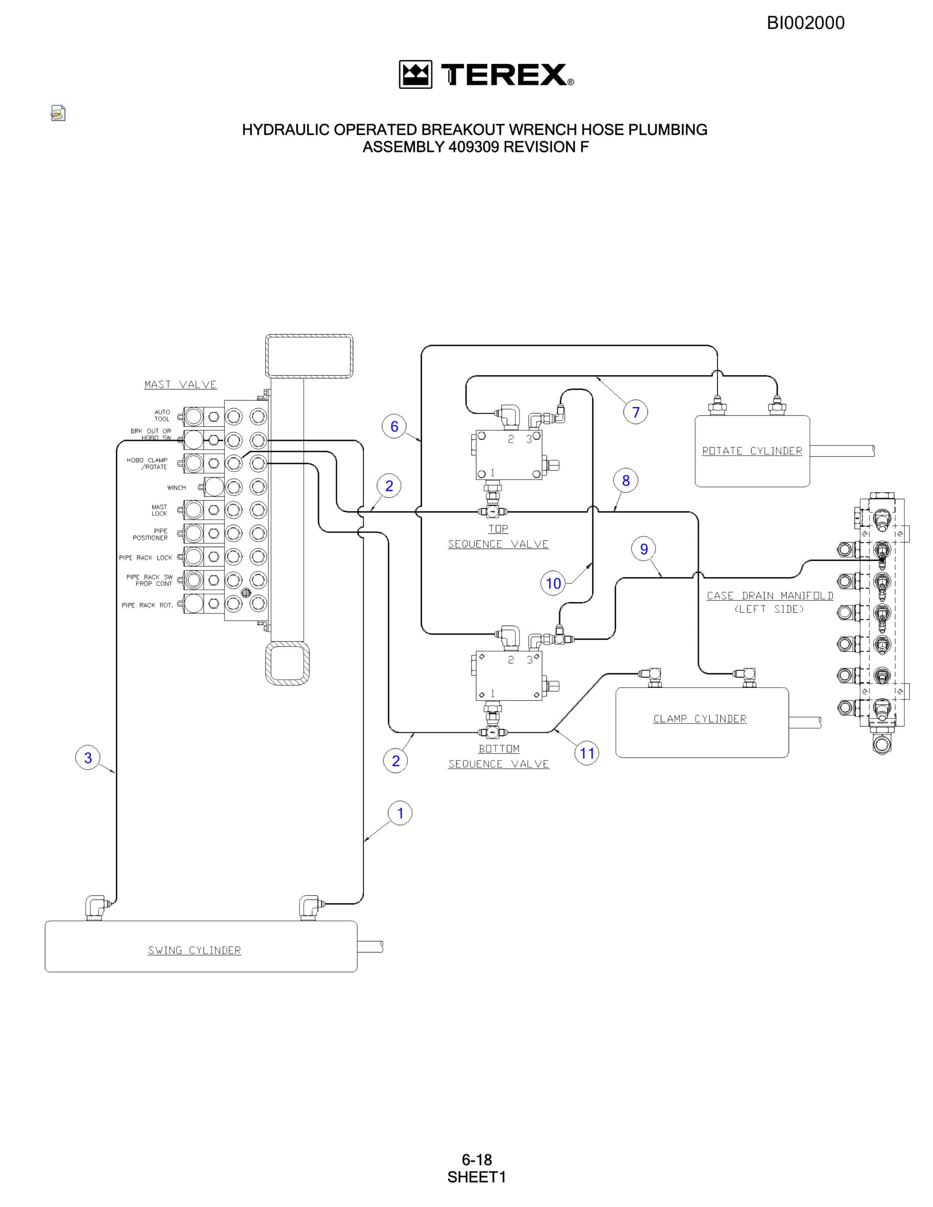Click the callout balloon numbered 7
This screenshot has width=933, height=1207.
coord(636,412)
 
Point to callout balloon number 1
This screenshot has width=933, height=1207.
coord(400,813)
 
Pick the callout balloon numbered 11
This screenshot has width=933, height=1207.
coord(587,753)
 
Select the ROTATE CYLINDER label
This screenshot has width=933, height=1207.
coord(752,451)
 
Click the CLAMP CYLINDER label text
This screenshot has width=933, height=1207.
coord(700,719)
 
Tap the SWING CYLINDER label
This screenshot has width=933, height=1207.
coord(194,950)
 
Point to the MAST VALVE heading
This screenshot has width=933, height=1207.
coord(180,384)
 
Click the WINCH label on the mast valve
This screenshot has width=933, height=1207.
coord(176,487)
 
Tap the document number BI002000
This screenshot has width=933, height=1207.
coord(805,22)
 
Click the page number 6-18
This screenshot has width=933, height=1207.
coord(476,1159)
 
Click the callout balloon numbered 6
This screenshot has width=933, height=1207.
coord(394,426)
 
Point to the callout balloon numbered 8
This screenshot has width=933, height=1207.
coord(626,480)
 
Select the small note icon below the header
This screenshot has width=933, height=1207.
coord(58,113)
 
